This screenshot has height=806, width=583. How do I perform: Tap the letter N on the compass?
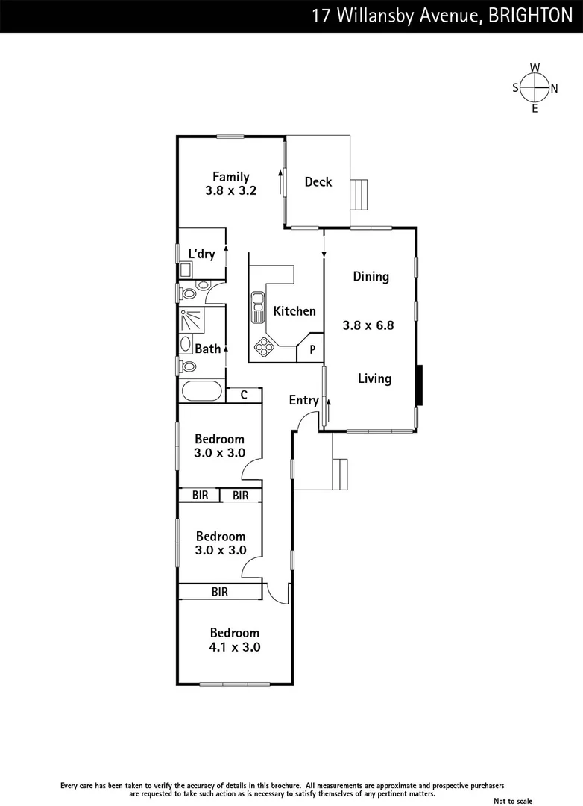coord(554,88)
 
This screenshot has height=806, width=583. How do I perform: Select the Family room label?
coord(230,177)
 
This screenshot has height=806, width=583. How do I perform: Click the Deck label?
coord(318,181)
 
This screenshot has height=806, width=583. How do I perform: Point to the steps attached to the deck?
coord(360,196)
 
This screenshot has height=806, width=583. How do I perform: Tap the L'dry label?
coord(201,254)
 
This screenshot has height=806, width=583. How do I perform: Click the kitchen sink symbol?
coord(259,307)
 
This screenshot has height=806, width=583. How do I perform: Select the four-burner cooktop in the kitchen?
coord(265,346)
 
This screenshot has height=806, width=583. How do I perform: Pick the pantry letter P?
coord(312,349)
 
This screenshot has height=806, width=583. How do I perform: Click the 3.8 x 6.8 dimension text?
coord(368,325)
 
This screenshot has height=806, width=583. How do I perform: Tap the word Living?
coord(374,378)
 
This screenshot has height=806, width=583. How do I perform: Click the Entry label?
coord(304,401)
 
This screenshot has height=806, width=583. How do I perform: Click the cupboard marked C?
coord(243,395)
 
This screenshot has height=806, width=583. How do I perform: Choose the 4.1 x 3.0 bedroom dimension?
coord(235,647)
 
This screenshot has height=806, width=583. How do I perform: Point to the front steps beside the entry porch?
coord(341,472)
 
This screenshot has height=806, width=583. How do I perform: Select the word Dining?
coord(371,277)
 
